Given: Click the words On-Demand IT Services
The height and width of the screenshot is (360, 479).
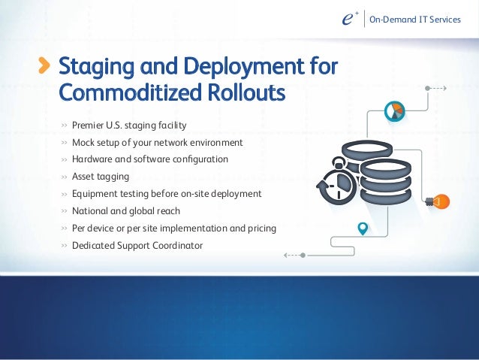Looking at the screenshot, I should pyautogui.click(x=420, y=19).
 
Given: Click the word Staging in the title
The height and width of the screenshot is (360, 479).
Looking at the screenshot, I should pyautogui.click(x=94, y=68).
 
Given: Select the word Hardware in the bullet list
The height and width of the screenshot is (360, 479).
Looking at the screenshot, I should pyautogui.click(x=93, y=159).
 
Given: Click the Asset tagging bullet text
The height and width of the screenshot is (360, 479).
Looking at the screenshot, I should pyautogui.click(x=101, y=177).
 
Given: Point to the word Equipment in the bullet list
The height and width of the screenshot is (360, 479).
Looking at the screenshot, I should pyautogui.click(x=97, y=193).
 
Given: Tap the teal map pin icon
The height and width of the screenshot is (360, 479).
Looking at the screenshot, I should pyautogui.click(x=363, y=228).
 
